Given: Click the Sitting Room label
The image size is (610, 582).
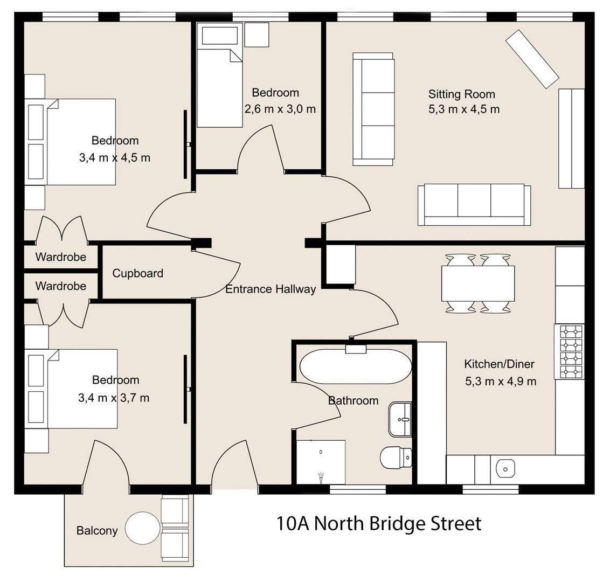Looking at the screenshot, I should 461,94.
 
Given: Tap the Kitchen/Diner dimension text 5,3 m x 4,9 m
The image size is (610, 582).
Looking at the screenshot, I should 501,382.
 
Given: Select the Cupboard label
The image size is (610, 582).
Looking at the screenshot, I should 137,273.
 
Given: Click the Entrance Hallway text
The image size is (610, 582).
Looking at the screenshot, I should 271,289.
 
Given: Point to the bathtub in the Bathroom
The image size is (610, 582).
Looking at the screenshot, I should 355,367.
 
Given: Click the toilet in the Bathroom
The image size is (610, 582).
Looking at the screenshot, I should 396,458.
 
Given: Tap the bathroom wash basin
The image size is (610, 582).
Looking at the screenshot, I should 400,419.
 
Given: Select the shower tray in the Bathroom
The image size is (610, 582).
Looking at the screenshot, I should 321,462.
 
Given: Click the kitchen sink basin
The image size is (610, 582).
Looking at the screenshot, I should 505,469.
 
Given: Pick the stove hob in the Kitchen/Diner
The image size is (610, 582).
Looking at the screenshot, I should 571,351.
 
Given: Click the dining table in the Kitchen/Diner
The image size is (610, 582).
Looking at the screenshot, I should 477,283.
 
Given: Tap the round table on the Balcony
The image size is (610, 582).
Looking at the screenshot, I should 143,529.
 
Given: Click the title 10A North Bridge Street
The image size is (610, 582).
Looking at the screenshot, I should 379,523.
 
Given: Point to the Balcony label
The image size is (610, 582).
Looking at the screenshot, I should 97,531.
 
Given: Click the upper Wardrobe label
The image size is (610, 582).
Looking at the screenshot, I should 61,257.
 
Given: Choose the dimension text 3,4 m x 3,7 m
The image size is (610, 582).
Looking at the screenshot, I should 114,398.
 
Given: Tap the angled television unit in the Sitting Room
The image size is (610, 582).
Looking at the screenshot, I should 532,59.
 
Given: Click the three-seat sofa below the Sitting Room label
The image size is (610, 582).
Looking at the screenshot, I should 474,204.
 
